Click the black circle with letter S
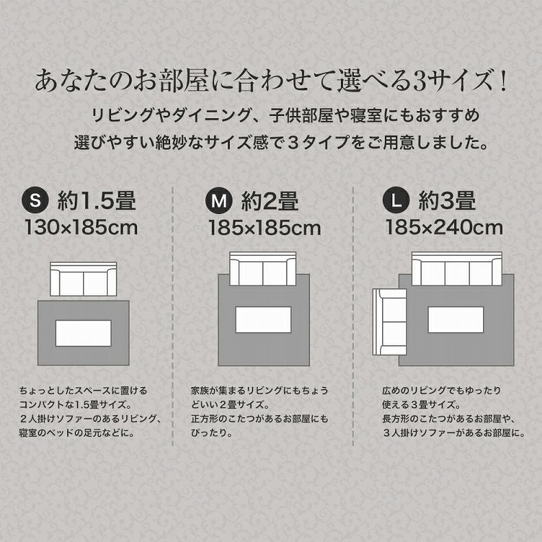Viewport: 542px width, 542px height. (x=36, y=200)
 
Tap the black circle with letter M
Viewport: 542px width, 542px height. (x=219, y=200)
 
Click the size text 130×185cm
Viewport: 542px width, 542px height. (x=81, y=227)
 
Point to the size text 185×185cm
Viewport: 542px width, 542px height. (x=265, y=227)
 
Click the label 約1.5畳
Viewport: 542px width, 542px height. (x=97, y=200)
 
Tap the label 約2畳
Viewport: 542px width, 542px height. (x=270, y=200)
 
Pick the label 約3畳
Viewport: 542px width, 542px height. (x=447, y=200)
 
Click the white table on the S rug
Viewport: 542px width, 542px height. (x=84, y=333)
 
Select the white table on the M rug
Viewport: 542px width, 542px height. (x=263, y=319)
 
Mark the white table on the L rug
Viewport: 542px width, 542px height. (x=456, y=319)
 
